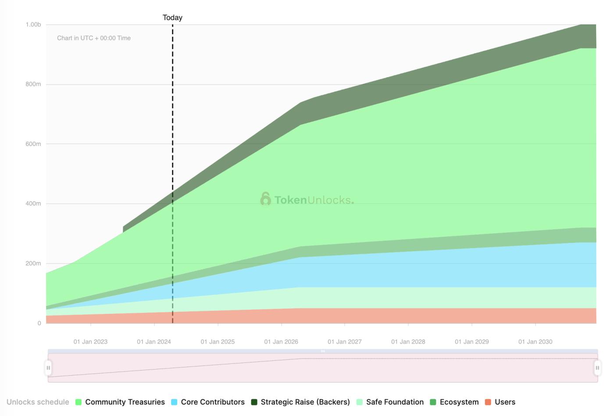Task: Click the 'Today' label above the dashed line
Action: coord(172,18)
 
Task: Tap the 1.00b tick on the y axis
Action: coord(33,25)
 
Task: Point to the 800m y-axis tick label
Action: coord(33,84)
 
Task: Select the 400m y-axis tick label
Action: coord(33,203)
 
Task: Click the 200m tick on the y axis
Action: coord(33,263)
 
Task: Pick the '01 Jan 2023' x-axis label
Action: coord(90,341)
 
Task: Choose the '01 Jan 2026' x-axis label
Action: coord(281,341)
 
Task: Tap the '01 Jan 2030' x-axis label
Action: coord(535,341)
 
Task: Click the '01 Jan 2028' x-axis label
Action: coord(408,341)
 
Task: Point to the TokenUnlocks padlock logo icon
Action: coord(265,199)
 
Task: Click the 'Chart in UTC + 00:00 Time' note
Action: coord(94,38)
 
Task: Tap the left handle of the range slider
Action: coord(48,368)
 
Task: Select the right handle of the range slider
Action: coord(597,368)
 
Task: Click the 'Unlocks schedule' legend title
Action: coord(38,402)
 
